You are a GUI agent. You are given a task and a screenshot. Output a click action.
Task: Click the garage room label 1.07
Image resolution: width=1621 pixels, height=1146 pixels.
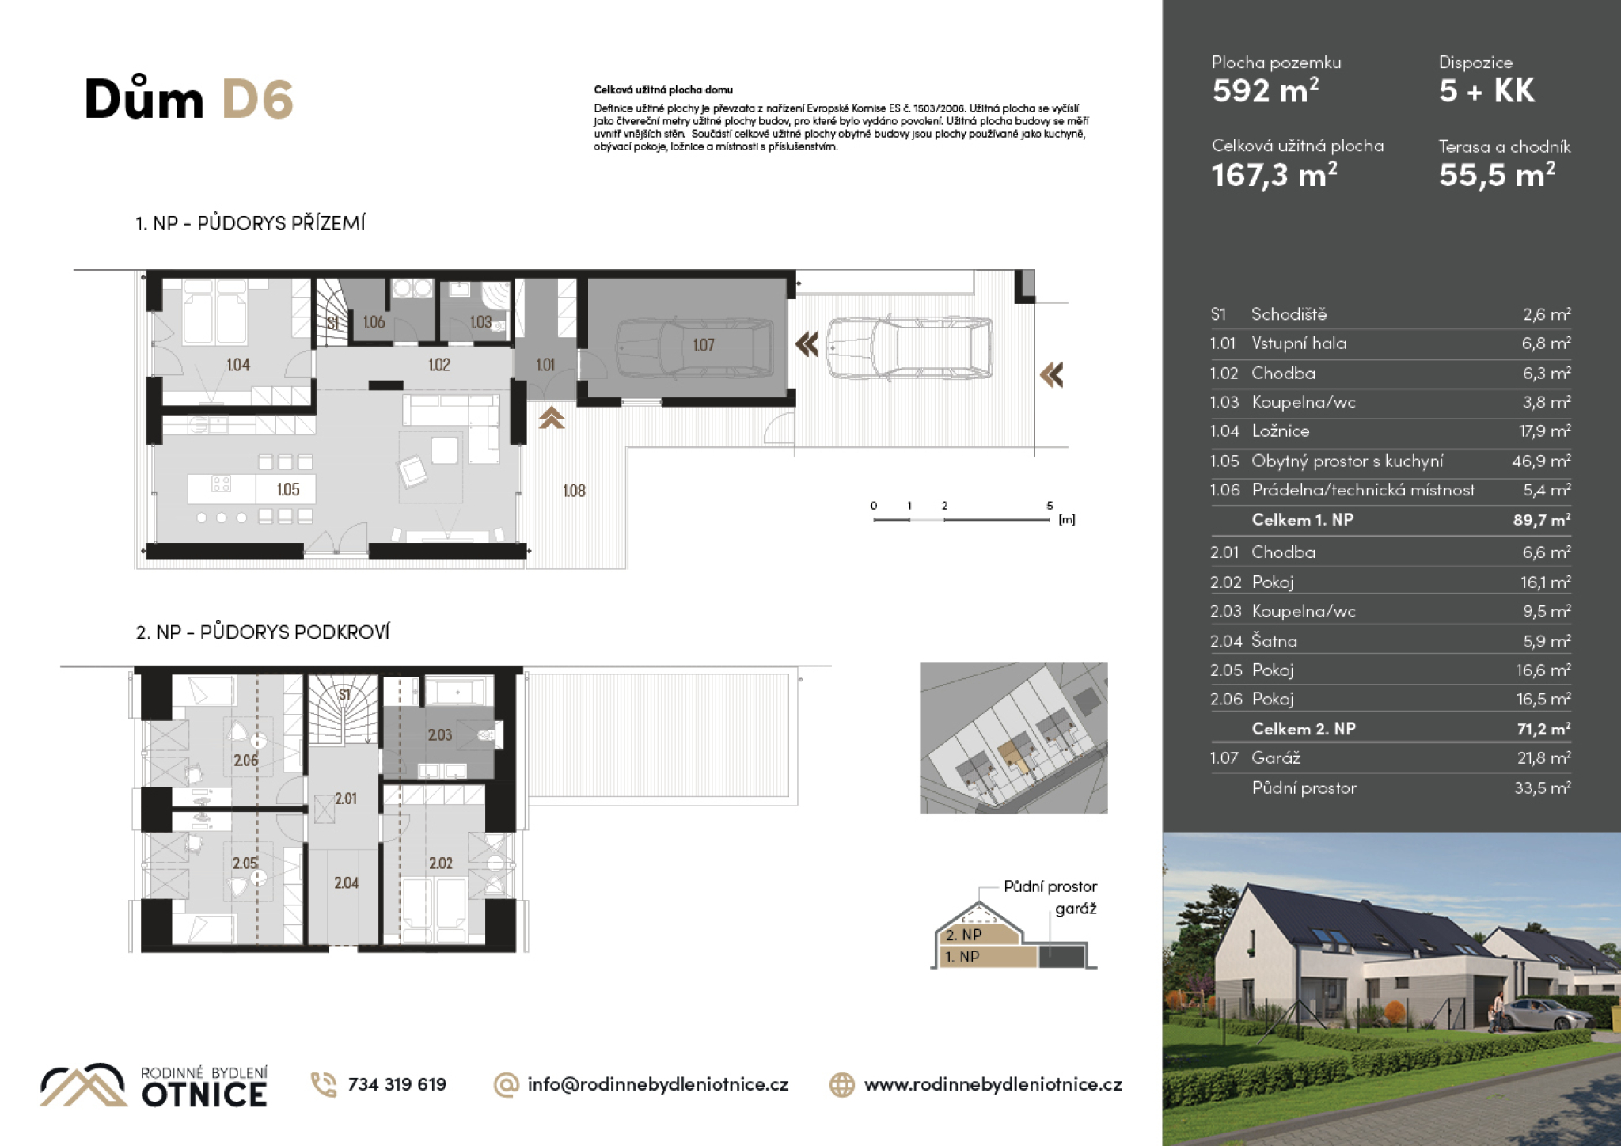pos(703,345)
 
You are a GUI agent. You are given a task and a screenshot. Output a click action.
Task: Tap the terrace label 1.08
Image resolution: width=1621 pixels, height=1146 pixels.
pos(574,491)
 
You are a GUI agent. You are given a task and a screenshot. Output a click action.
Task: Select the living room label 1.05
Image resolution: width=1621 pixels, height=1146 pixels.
pos(288,490)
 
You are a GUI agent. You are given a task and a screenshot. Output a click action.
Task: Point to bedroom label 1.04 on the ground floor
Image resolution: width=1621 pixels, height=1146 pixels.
pos(237,365)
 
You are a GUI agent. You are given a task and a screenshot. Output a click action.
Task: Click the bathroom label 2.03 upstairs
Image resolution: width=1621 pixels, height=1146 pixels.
pos(440,735)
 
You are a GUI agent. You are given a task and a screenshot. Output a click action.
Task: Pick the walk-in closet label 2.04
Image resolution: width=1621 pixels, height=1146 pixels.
pos(346,882)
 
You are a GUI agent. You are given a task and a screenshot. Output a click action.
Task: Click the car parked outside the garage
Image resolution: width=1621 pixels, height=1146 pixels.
pos(910,347)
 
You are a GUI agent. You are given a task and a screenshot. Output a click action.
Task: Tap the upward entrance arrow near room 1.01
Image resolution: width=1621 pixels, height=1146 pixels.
pos(552,418)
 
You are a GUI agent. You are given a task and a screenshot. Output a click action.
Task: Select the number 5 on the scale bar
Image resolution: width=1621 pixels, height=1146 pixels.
pos(1050,506)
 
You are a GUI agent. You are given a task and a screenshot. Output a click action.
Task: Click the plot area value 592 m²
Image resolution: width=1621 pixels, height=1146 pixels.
pos(1266,90)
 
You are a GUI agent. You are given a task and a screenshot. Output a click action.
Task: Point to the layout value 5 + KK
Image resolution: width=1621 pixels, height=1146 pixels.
pos(1486,90)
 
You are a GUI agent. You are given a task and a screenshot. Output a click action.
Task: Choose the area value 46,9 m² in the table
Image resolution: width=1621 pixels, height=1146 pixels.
pos(1541,461)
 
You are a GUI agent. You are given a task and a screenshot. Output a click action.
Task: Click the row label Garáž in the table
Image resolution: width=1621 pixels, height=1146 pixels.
pos(1275,758)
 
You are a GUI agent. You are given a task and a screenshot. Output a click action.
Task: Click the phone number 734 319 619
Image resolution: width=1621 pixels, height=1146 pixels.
pos(397,1084)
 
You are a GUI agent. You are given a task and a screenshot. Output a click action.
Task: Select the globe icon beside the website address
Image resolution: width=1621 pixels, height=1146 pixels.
pos(842,1084)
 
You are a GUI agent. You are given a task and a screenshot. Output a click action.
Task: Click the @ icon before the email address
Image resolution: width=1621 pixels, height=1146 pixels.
pos(506,1084)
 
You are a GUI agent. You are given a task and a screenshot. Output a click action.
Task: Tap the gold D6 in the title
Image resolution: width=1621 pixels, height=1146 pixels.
pos(257,100)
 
